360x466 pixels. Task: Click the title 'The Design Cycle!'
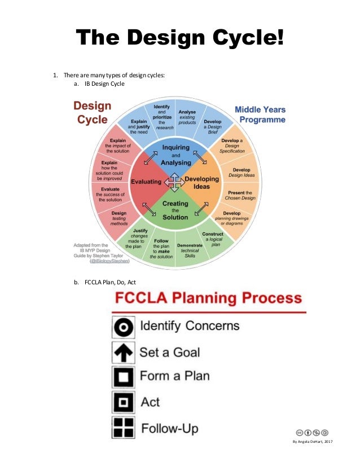point(180,38)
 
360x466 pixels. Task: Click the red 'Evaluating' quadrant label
point(146,182)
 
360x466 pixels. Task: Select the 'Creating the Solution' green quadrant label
point(175,210)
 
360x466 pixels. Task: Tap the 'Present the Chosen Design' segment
point(240,196)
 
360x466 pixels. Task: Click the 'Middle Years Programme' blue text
point(260,115)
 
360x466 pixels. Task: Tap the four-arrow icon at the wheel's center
point(175,182)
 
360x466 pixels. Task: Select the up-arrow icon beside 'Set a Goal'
point(123,352)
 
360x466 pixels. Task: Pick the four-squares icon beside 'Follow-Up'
point(123,428)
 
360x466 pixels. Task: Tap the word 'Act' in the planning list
point(150,403)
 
